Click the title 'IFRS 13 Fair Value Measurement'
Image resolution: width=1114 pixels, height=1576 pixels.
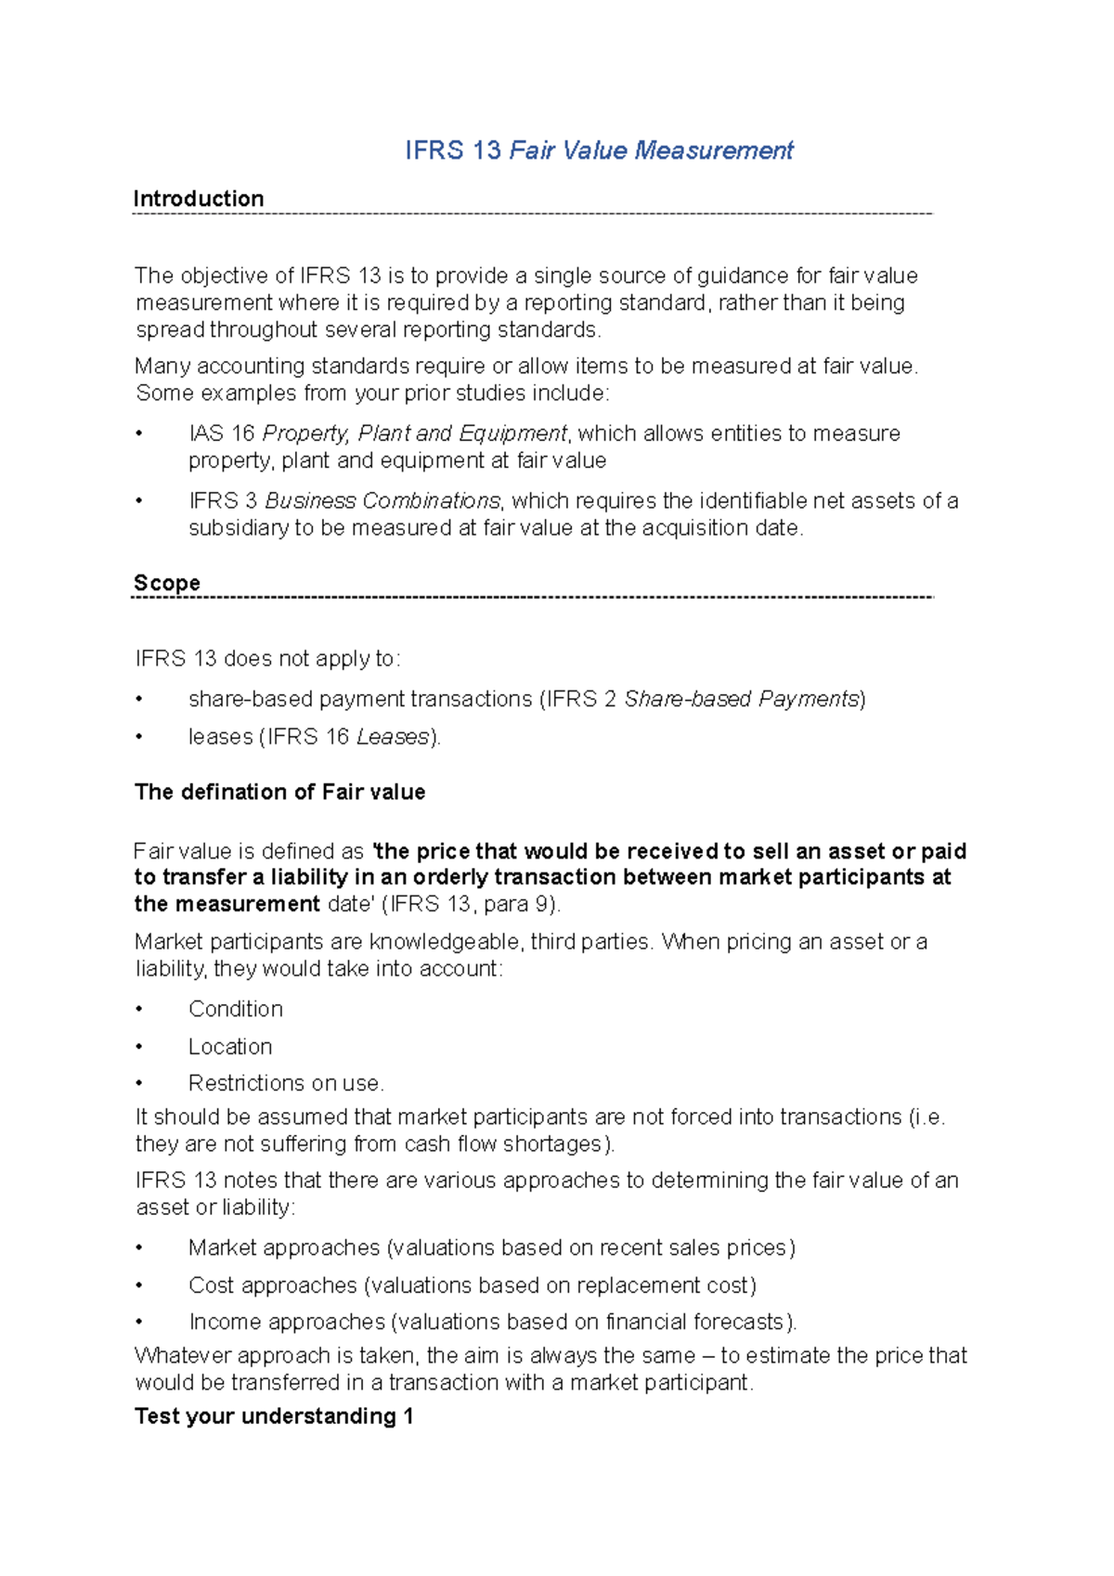tap(599, 150)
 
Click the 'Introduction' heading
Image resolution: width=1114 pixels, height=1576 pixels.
tap(199, 199)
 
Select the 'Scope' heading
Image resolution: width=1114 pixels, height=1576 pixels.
tap(167, 583)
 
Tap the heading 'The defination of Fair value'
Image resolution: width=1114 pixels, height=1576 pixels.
tap(279, 792)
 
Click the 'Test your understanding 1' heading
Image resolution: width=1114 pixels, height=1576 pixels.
tap(274, 1416)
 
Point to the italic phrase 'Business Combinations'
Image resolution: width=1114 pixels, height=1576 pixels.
tap(382, 501)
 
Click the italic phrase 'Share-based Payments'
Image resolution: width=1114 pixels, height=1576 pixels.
tap(742, 699)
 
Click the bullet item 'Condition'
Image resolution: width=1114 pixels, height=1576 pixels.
tap(236, 1009)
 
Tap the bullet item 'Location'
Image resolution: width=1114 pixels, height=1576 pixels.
tap(230, 1047)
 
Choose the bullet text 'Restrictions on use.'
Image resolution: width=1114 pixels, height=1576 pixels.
tap(286, 1083)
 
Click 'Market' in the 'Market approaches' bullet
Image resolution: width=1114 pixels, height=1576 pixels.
tap(219, 1248)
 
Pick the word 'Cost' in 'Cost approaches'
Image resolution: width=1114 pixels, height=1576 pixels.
tap(211, 1285)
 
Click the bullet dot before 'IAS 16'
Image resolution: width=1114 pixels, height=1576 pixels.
tap(139, 433)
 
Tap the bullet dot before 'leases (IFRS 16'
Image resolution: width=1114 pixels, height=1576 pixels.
tap(139, 737)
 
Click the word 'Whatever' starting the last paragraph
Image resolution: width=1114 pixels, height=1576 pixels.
tap(182, 1356)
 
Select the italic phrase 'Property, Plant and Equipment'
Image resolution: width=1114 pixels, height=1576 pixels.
tap(415, 433)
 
